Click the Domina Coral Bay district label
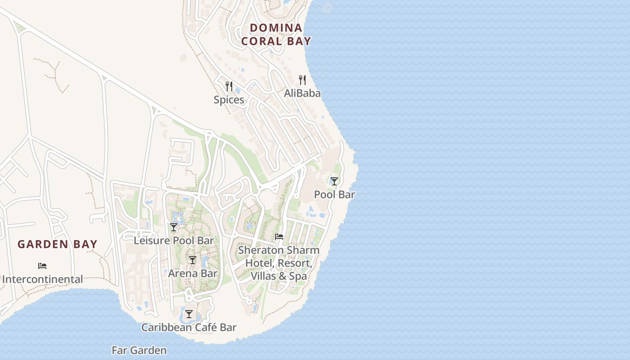point(276,34)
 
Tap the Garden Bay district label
point(58,244)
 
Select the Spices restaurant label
point(229,100)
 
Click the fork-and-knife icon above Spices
point(229,86)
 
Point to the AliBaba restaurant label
point(302,93)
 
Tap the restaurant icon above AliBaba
point(302,80)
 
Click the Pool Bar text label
point(334,195)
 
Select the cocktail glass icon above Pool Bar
point(334,181)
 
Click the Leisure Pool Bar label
point(174,241)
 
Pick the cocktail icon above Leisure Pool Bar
point(174,227)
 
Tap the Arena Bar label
point(193,274)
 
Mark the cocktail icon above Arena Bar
point(193,260)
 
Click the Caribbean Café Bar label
point(189,328)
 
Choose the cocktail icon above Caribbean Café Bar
point(189,314)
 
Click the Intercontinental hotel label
point(42,279)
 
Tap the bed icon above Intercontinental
point(42,266)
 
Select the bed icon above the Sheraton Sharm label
point(279,237)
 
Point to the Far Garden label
point(139,350)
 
